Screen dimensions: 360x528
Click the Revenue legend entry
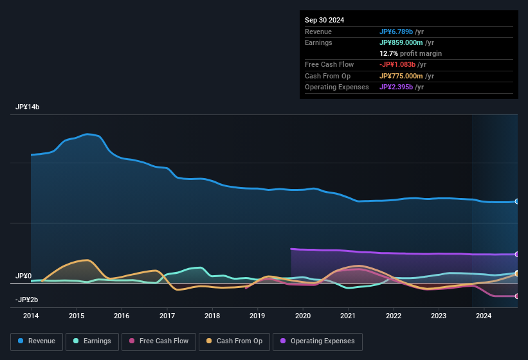click(x=36, y=341)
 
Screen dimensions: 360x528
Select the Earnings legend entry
click(x=93, y=341)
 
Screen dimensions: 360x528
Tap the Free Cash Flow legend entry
click(x=159, y=341)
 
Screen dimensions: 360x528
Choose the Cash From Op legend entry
click(x=235, y=341)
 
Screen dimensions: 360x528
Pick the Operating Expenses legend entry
click(x=318, y=341)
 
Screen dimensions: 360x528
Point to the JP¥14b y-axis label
click(x=28, y=107)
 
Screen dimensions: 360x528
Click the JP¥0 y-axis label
click(x=23, y=276)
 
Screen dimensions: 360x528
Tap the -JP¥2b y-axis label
click(x=27, y=300)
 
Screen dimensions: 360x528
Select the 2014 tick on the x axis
click(x=31, y=316)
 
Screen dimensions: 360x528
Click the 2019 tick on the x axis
click(x=257, y=316)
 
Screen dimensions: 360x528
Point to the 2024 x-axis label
click(x=484, y=316)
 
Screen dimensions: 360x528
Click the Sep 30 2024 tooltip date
click(x=324, y=20)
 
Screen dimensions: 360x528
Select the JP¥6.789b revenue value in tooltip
click(x=401, y=32)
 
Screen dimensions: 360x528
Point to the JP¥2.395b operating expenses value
click(x=401, y=87)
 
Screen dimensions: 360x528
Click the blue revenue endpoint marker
click(x=516, y=201)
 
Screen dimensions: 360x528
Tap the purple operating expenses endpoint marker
click(x=516, y=255)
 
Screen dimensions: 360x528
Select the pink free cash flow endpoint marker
click(x=516, y=296)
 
